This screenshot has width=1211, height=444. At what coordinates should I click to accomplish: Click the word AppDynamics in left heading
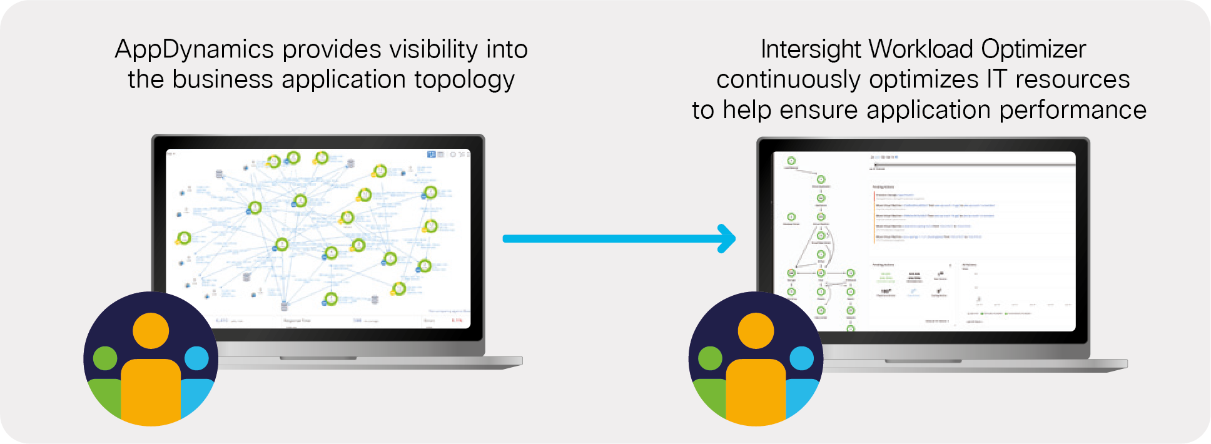click(195, 50)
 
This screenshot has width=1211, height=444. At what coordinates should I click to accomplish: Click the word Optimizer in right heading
click(1033, 49)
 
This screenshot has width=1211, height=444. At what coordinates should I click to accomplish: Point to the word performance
click(1073, 110)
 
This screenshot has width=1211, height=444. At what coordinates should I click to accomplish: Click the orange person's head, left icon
click(151, 331)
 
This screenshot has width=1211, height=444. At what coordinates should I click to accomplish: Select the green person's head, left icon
click(105, 358)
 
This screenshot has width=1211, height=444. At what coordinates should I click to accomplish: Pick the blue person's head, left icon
click(196, 358)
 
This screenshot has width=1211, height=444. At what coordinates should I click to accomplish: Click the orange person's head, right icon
click(756, 331)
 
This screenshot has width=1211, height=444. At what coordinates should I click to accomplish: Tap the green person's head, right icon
click(710, 358)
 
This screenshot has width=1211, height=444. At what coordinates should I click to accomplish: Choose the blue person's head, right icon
click(802, 358)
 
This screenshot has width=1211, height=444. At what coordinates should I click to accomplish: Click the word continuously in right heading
click(788, 79)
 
